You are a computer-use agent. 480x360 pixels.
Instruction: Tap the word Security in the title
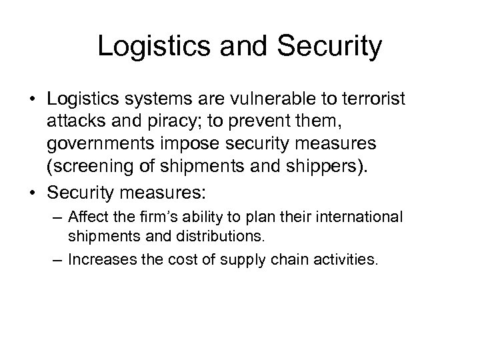click(329, 47)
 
